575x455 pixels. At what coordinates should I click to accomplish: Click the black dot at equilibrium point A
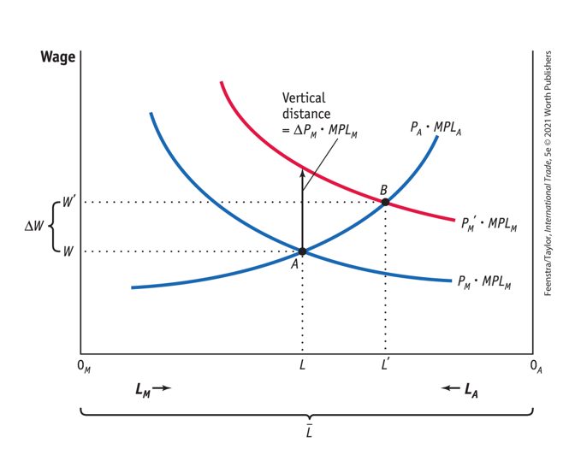(x=302, y=251)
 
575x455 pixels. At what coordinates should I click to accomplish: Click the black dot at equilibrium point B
(x=385, y=202)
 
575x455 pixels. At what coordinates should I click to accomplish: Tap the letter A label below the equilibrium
(x=294, y=264)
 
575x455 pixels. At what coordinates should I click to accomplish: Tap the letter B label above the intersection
(x=384, y=189)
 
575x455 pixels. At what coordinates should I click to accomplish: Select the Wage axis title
(x=58, y=57)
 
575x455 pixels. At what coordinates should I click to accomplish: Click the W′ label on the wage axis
(x=68, y=203)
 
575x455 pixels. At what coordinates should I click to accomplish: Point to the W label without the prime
(x=67, y=252)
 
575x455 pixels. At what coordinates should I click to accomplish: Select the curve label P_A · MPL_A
(x=436, y=128)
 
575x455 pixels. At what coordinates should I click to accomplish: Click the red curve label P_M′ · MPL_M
(x=487, y=225)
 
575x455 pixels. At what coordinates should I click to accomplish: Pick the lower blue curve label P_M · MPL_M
(x=484, y=282)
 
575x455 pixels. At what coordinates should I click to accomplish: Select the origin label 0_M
(x=83, y=367)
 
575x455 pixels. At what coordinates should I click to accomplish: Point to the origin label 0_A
(x=536, y=367)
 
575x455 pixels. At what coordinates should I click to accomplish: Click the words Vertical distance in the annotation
(x=305, y=106)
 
